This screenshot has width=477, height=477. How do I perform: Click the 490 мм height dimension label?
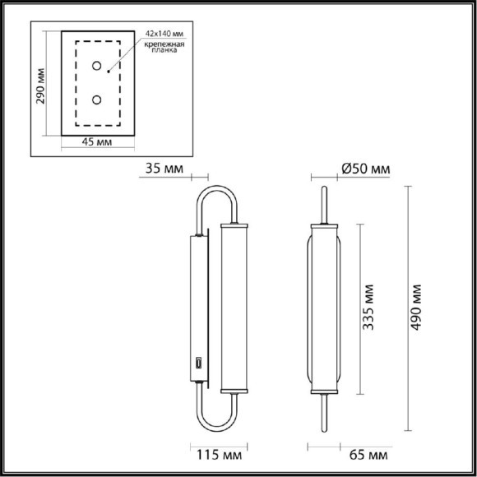tap(416, 308)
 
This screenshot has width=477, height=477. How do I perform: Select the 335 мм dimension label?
tap(368, 308)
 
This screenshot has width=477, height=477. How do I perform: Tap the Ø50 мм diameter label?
tap(366, 169)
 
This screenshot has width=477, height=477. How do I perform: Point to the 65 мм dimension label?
tap(368, 455)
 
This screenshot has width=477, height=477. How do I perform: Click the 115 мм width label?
tap(220, 455)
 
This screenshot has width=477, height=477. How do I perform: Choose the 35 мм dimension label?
tap(164, 169)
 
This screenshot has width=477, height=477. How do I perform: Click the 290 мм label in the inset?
tap(40, 86)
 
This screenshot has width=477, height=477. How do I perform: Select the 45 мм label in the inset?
tap(97, 141)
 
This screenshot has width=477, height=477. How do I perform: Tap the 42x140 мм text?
tap(164, 34)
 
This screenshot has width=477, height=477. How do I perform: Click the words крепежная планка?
tap(164, 47)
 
